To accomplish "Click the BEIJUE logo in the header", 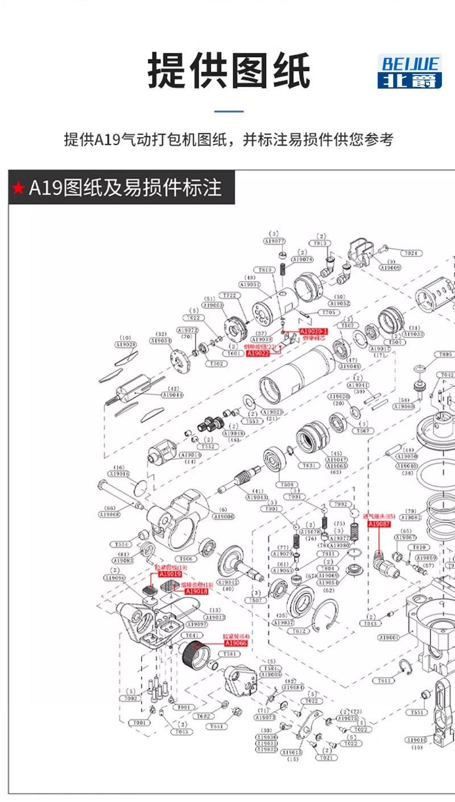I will coord(409,72).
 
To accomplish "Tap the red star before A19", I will coord(18,188).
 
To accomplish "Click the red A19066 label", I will coord(235,643).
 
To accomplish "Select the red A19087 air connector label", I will coord(379,524).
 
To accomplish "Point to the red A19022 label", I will coord(257,353).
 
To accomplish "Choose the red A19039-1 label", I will coord(313,331).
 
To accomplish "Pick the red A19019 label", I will coord(170,574).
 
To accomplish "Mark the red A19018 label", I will coord(196,591).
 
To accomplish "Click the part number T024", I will coord(410,253).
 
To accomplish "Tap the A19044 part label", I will coord(173,395).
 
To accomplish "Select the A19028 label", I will coord(126,344).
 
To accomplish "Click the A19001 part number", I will coord(388,638).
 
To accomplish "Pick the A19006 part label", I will coord(223,516).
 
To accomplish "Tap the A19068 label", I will coord(109,515).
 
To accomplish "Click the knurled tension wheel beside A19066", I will coord(193,655).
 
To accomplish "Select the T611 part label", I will coord(385,680).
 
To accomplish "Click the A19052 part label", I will coord(340,303).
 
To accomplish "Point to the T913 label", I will coord(321,243).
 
